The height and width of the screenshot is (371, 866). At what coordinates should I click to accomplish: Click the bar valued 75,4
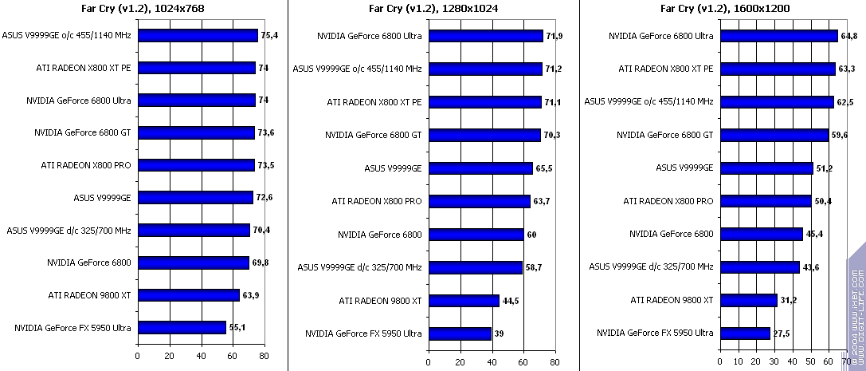click(x=198, y=35)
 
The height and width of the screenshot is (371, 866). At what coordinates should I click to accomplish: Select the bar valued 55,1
click(x=182, y=327)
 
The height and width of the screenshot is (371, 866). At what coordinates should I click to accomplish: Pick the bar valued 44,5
click(x=464, y=300)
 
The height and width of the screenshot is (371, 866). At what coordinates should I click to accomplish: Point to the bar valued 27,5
click(x=744, y=333)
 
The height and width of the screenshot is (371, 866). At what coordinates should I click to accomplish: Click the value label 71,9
click(x=554, y=36)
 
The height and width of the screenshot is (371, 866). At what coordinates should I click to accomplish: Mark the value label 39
click(x=498, y=334)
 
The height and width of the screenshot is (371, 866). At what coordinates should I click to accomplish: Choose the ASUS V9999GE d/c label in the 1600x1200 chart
click(x=651, y=266)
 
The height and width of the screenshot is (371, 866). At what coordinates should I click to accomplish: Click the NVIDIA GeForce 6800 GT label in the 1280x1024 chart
click(x=373, y=135)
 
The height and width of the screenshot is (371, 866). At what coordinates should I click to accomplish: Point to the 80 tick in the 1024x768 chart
click(x=264, y=356)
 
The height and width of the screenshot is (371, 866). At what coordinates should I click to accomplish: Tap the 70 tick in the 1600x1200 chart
click(x=846, y=361)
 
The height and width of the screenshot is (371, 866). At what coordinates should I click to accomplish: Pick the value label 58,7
click(x=534, y=267)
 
